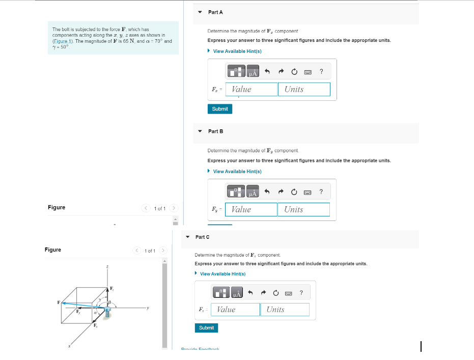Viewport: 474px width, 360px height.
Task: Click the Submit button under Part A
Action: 220,109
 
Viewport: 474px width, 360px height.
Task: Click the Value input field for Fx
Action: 251,90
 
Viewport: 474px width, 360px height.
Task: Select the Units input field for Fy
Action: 303,209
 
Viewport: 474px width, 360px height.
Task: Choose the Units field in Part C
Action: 285,310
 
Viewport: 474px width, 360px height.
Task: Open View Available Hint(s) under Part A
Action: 237,51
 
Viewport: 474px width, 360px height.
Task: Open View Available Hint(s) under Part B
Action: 237,172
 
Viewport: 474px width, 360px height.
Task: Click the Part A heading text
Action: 215,12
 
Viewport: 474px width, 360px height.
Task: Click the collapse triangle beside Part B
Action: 200,131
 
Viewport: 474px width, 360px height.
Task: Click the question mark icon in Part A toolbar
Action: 321,71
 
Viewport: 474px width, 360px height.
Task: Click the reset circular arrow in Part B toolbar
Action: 294,192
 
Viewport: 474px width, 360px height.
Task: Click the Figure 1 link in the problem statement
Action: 64,41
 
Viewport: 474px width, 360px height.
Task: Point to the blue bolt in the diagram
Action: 107,313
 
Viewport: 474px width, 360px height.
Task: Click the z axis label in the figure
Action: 107,266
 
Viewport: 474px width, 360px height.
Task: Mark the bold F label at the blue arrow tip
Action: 59,302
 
